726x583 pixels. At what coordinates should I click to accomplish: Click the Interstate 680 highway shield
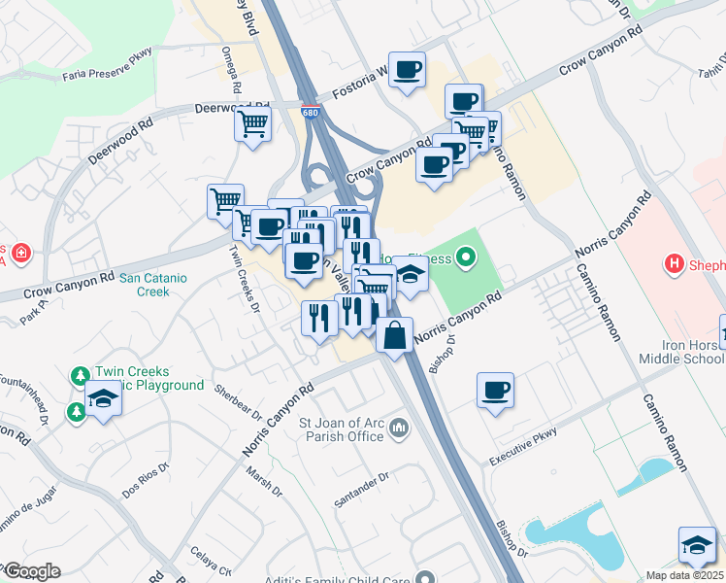pos(311,113)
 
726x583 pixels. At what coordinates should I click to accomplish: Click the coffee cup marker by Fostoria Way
pos(408,70)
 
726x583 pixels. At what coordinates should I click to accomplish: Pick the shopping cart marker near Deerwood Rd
pos(253,123)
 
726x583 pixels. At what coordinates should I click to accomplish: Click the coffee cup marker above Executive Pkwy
pos(496,390)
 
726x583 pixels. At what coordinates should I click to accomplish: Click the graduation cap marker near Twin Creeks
pos(102,398)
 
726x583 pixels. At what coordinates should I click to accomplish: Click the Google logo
pos(31,571)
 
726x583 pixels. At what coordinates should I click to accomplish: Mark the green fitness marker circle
pos(467,257)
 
